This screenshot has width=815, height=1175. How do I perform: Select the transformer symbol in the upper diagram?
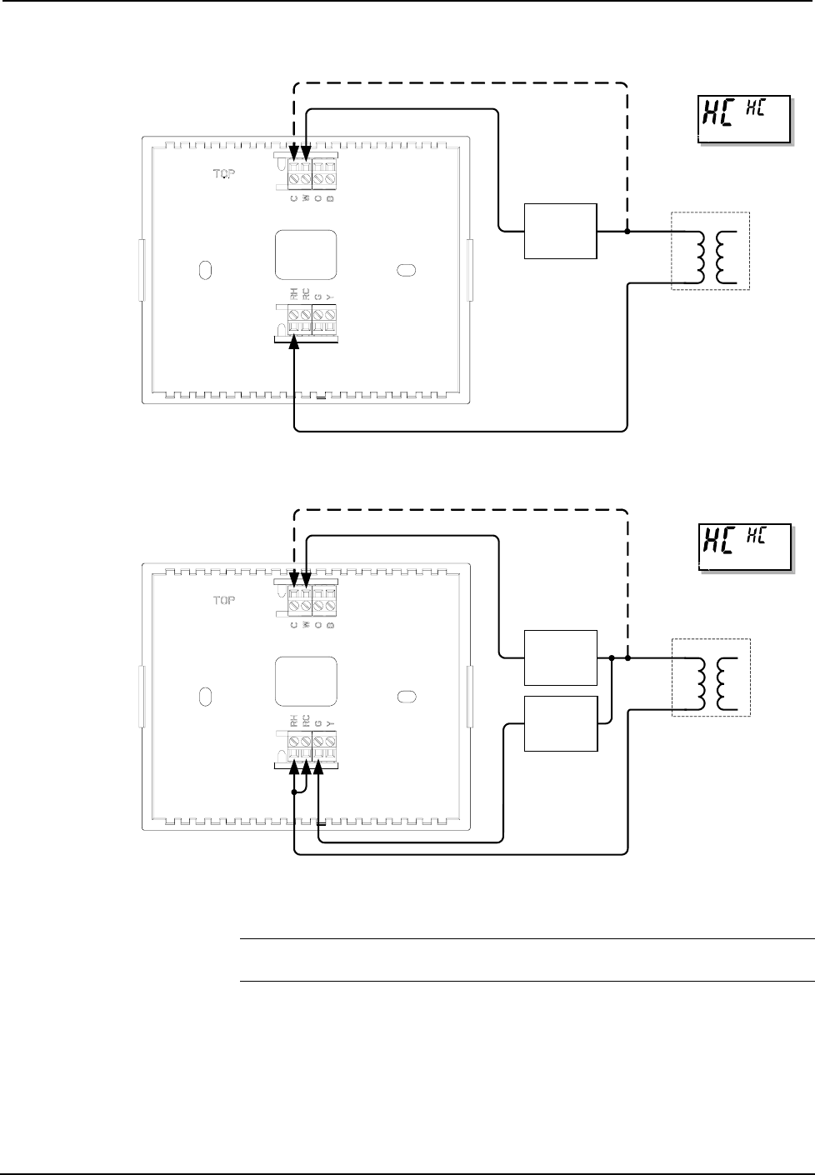click(x=711, y=251)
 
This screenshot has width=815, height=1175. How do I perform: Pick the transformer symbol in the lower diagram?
click(x=711, y=677)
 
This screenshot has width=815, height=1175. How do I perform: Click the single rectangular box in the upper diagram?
click(x=560, y=231)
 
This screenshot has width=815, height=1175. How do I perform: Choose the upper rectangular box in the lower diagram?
click(x=560, y=657)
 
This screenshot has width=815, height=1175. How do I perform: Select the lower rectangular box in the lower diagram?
click(x=560, y=722)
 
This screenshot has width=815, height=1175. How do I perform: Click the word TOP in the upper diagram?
click(x=223, y=176)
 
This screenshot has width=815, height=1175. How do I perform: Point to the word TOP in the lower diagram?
click(x=223, y=600)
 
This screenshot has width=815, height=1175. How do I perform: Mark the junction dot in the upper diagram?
click(x=627, y=231)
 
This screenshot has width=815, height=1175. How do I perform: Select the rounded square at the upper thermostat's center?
click(x=306, y=255)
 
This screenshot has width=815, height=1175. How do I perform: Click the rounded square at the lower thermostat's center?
click(x=306, y=682)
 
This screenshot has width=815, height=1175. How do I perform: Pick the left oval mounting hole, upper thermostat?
click(x=205, y=270)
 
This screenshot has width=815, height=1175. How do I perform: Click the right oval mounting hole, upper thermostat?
click(x=407, y=270)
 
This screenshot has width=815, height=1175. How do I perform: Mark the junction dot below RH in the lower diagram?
click(x=294, y=792)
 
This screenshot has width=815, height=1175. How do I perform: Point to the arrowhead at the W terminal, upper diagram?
click(x=306, y=151)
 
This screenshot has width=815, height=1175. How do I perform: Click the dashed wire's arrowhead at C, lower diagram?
click(x=294, y=577)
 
